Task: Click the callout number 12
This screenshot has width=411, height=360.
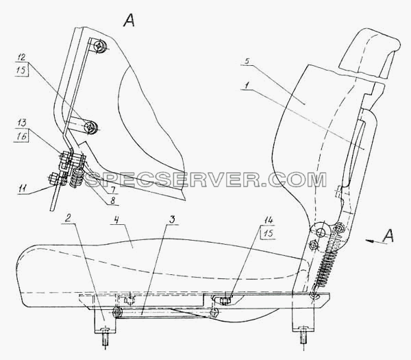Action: (x=23, y=58)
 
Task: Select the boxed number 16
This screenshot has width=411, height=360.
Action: (x=23, y=136)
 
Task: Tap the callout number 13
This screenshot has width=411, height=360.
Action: (x=23, y=123)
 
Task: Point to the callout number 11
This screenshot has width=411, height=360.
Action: (x=23, y=188)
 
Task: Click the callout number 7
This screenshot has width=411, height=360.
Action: (x=112, y=189)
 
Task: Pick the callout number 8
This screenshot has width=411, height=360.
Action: (x=113, y=200)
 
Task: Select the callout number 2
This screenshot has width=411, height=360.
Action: (x=68, y=219)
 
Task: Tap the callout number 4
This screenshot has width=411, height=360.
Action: (x=116, y=220)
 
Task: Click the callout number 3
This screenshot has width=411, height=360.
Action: (x=172, y=220)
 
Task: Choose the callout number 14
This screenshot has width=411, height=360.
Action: (x=269, y=220)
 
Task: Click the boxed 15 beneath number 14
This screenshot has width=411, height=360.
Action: (x=268, y=233)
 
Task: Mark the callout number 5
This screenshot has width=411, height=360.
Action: (x=247, y=61)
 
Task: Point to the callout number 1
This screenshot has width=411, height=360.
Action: (x=246, y=86)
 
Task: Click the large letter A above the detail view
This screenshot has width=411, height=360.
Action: (x=129, y=20)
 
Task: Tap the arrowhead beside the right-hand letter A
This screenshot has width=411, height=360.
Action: (x=369, y=241)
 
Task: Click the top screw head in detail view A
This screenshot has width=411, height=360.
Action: (x=100, y=47)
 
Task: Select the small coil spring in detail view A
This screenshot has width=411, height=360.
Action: (x=77, y=178)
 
